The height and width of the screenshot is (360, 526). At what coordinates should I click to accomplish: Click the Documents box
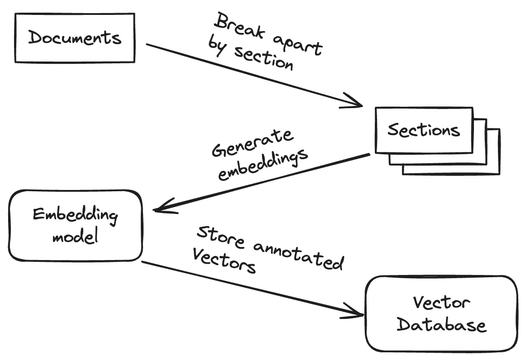tap(75, 38)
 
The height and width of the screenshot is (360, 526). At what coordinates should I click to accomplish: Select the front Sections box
tap(424, 130)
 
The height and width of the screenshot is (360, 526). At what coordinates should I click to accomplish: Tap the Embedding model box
tap(75, 225)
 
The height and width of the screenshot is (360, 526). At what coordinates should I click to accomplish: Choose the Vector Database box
tap(441, 313)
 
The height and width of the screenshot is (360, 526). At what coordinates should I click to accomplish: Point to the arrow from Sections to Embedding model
tap(263, 182)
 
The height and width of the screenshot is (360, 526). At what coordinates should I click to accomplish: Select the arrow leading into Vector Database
tap(253, 289)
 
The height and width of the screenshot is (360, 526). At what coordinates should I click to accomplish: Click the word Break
tap(235, 27)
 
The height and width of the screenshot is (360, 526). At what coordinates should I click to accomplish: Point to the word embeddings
tap(263, 164)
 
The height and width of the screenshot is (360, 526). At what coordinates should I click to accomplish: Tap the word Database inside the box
tap(441, 324)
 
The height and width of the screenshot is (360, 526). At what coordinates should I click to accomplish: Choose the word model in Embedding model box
tap(75, 236)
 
